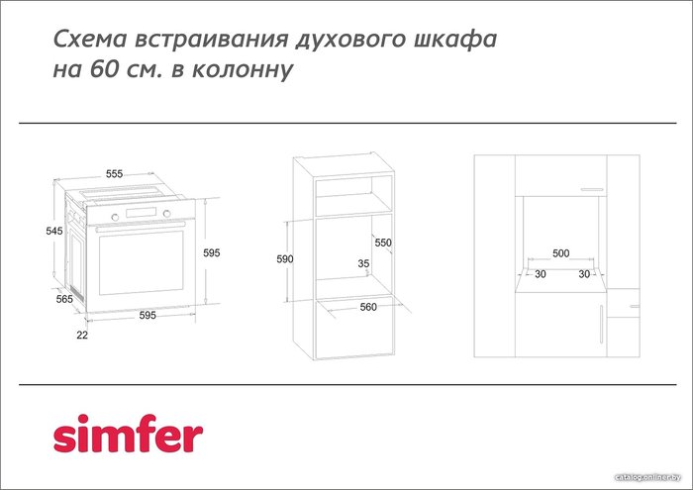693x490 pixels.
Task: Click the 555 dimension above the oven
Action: pos(114,173)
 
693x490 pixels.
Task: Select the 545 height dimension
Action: pos(54,231)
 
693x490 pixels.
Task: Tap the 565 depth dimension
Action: pos(64,299)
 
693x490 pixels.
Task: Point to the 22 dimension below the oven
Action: pos(82,335)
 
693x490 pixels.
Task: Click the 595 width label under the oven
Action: pos(148,315)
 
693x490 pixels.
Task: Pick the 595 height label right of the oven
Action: pos(211,252)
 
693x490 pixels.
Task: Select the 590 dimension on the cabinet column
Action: pos(285,259)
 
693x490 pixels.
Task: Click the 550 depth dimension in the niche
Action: pos(383,243)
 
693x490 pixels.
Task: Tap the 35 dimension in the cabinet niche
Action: pos(363,263)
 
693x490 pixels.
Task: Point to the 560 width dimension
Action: pos(368,307)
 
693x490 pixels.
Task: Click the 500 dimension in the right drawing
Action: pos(561,253)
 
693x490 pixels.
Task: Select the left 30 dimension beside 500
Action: pos(541,274)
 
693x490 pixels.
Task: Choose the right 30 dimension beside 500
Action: pos(584,274)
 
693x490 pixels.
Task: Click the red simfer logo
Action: pos(128,434)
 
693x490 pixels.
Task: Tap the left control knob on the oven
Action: pos(115,217)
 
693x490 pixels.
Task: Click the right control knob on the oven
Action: pos(166,214)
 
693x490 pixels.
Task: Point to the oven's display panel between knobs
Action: pos(141,213)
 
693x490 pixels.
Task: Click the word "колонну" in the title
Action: pos(243,69)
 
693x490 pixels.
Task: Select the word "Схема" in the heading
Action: pos(91,39)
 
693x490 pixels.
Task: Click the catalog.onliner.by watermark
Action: pos(648,477)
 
